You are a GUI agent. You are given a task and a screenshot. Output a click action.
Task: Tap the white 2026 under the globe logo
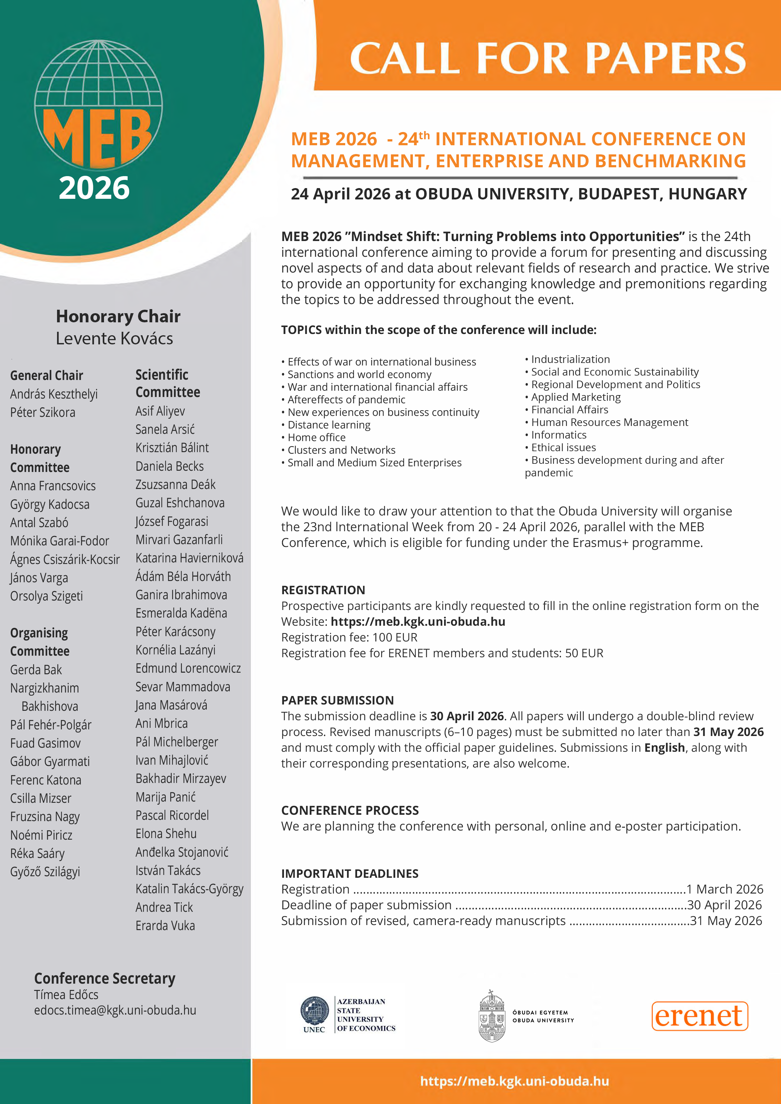tap(94, 188)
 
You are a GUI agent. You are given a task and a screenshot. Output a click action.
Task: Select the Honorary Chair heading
tap(118, 316)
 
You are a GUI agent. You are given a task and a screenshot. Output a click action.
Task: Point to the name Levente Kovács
tap(114, 338)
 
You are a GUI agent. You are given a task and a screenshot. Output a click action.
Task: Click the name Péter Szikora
tap(43, 412)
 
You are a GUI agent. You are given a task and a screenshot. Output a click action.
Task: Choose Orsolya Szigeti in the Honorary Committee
tap(47, 596)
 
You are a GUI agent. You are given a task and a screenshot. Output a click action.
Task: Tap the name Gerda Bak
tap(36, 670)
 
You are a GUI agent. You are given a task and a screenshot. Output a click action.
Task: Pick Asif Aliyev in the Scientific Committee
tap(160, 411)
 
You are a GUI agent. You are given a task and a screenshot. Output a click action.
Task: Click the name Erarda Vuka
tap(165, 926)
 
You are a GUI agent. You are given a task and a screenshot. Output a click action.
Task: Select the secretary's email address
tap(115, 1010)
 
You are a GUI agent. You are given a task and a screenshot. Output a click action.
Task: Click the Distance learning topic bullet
tap(329, 425)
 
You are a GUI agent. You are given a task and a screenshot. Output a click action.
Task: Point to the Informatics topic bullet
tap(558, 435)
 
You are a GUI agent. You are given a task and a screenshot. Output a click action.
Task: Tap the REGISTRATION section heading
tap(323, 590)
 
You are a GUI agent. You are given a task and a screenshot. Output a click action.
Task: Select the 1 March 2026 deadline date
tap(725, 889)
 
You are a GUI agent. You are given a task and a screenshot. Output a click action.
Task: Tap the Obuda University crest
tap(491, 1016)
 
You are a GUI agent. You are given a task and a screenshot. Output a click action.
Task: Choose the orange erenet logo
tap(700, 1016)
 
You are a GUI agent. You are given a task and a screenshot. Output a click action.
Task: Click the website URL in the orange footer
tap(515, 1081)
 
